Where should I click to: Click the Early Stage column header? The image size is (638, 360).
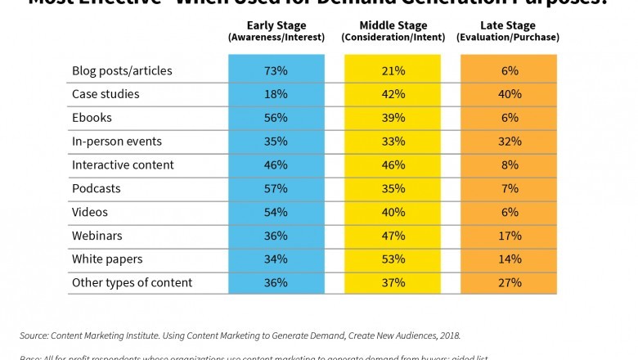coord(276,30)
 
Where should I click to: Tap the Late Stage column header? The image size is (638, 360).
coord(509,30)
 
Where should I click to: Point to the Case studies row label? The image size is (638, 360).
coord(106,94)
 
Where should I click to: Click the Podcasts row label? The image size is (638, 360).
coord(97,188)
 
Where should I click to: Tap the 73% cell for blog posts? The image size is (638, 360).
coord(276,70)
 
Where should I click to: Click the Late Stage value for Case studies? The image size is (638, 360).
coord(509,94)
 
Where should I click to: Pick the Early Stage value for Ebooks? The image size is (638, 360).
coord(276,118)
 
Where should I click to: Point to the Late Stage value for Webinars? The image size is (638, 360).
coord(509,236)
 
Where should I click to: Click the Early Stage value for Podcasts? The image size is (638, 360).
coord(276,188)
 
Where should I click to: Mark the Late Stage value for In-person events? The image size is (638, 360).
coord(509,142)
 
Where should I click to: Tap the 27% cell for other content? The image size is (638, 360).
coord(509,283)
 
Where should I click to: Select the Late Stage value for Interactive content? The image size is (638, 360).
coord(509,164)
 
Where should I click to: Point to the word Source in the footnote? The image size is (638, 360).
coord(35,335)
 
